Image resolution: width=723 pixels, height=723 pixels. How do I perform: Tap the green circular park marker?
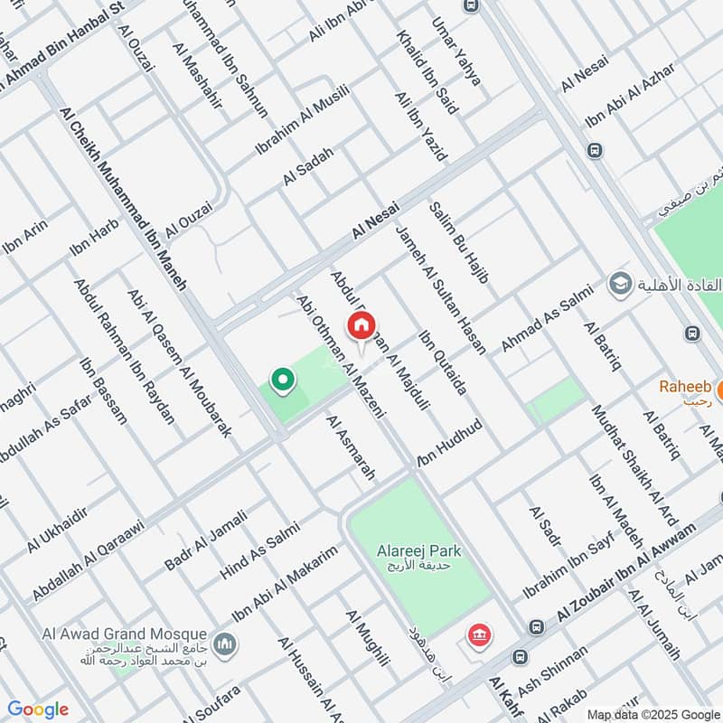click(282, 380)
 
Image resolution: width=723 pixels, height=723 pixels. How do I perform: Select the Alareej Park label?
click(420, 550)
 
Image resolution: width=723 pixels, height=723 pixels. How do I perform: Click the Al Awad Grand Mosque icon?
click(225, 644)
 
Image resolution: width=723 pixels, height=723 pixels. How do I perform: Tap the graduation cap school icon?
click(620, 283)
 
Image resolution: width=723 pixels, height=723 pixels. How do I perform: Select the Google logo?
click(38, 709)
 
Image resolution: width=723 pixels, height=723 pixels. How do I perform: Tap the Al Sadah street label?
click(308, 165)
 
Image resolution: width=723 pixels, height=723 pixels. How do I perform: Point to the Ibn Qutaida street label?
click(442, 362)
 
